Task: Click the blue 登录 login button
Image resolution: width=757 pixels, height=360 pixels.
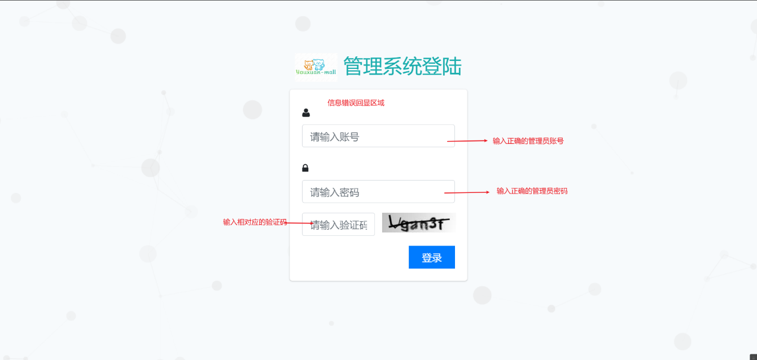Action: coord(431,257)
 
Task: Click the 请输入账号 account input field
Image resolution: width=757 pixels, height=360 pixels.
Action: coord(378,136)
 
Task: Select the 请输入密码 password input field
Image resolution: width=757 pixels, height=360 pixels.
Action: coord(378,192)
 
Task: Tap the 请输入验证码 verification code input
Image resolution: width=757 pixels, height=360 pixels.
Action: coord(338,225)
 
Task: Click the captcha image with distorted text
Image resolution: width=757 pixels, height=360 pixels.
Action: coord(418,223)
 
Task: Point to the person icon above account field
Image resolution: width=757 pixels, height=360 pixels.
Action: coord(306,113)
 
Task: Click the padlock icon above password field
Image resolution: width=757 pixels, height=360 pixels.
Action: coord(305,168)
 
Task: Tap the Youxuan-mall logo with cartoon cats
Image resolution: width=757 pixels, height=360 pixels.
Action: coord(316,67)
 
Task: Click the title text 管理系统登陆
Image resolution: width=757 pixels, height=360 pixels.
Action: coord(402,67)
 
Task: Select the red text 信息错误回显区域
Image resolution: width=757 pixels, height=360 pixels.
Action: coord(356,103)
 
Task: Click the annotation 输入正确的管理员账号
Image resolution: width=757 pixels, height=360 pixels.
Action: coord(528,141)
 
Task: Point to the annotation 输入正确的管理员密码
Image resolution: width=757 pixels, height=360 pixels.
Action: coord(532,191)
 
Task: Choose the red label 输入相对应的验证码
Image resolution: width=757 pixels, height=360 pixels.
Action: coord(255,222)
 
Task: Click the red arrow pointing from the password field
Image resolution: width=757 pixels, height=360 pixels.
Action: coord(467,192)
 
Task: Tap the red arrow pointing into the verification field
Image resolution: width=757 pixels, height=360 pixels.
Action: coord(300,223)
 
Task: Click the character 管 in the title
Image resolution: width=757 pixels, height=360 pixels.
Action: coord(353,67)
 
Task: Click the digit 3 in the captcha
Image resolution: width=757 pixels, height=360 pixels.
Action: coord(433,224)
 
